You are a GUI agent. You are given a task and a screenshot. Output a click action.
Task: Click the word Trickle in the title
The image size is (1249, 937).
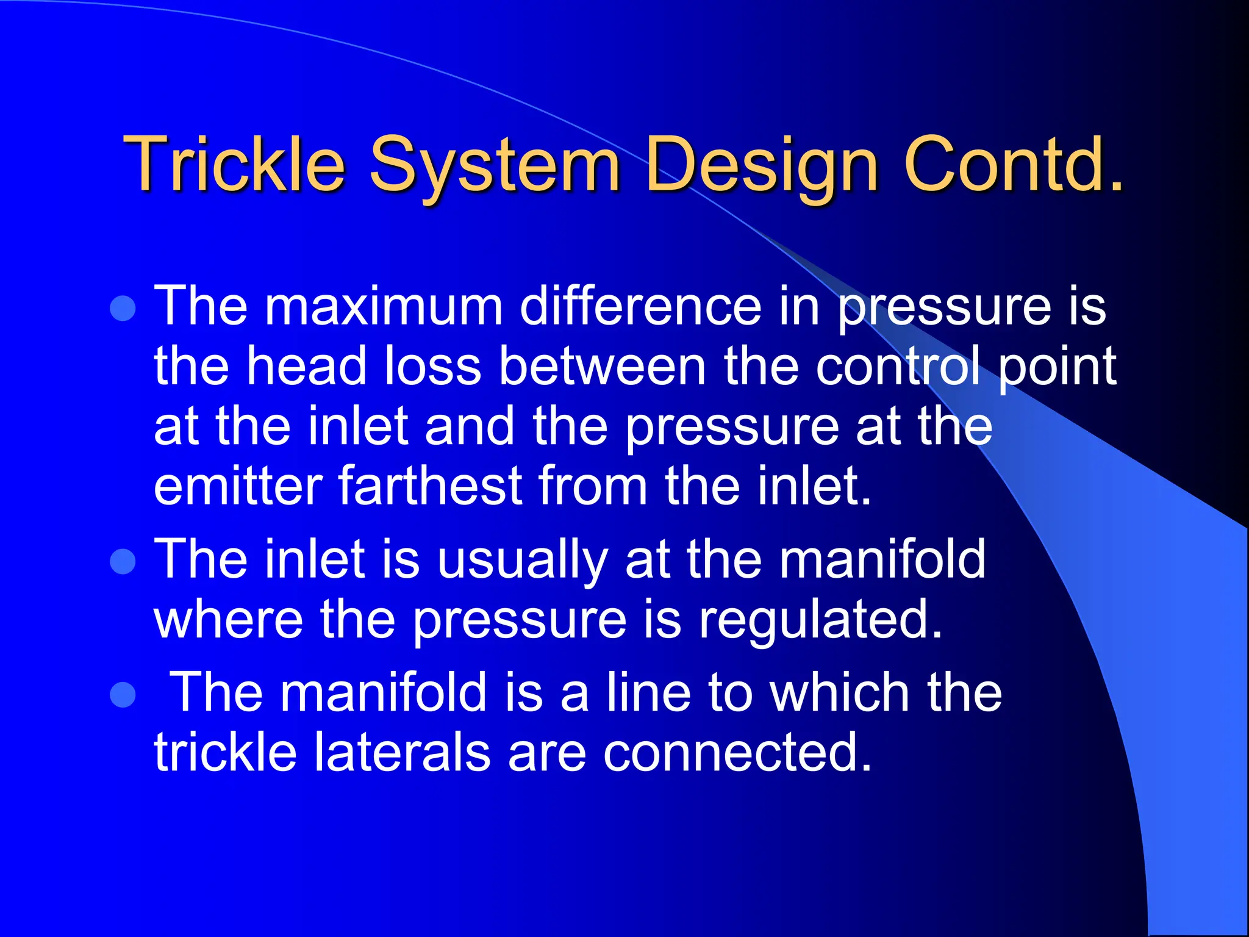point(234,163)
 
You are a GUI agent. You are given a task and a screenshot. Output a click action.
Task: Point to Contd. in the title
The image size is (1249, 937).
point(1013,163)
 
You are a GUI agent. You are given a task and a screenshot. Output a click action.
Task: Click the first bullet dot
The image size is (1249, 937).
point(123,308)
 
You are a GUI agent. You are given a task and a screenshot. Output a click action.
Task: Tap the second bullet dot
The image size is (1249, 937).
point(123,561)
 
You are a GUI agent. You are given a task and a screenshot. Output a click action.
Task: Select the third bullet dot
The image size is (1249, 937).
point(123,694)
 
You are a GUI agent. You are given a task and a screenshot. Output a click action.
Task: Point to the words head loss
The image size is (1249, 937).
point(363,366)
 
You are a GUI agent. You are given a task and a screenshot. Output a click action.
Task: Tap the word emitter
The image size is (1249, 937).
point(238,486)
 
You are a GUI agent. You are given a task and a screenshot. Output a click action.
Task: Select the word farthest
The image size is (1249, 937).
point(430,486)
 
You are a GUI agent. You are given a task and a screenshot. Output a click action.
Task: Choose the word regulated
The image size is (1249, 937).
point(820,620)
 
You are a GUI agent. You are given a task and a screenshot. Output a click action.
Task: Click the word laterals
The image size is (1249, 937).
point(402,752)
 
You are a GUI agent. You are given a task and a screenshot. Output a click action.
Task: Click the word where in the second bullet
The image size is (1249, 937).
point(229,620)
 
